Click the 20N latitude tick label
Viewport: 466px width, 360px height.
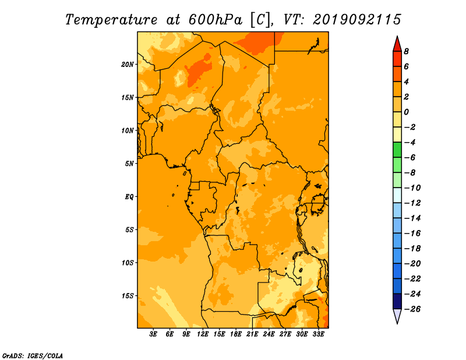128,65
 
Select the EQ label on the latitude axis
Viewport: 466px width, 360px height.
129,197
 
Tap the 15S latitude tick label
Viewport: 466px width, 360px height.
128,296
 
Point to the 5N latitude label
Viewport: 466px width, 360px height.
129,164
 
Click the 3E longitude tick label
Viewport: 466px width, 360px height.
153,334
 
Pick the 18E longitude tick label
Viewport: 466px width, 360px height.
236,334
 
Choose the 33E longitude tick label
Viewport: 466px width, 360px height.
318,334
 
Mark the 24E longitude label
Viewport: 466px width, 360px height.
269,334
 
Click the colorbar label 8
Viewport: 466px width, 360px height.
406,51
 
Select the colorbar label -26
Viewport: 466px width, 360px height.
413,309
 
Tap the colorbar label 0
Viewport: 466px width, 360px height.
406,112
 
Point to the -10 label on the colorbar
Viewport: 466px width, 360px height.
413,188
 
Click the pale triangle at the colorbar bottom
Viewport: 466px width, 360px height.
397,316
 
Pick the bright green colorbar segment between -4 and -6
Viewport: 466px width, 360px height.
397,150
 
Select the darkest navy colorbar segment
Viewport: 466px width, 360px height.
397,301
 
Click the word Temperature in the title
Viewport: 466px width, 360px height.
111,20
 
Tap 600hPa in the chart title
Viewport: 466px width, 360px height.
216,20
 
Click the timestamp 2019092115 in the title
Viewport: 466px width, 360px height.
357,20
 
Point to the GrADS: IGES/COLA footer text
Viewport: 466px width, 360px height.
33,356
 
